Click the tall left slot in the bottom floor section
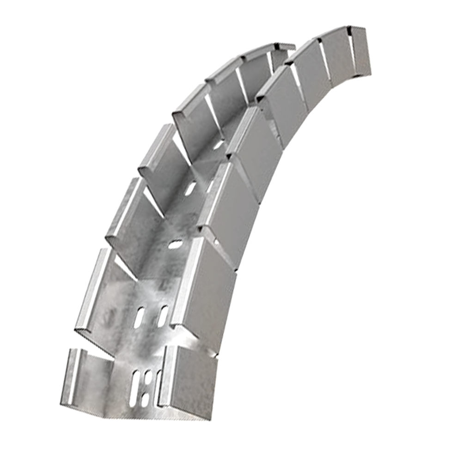pos(134,383)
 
